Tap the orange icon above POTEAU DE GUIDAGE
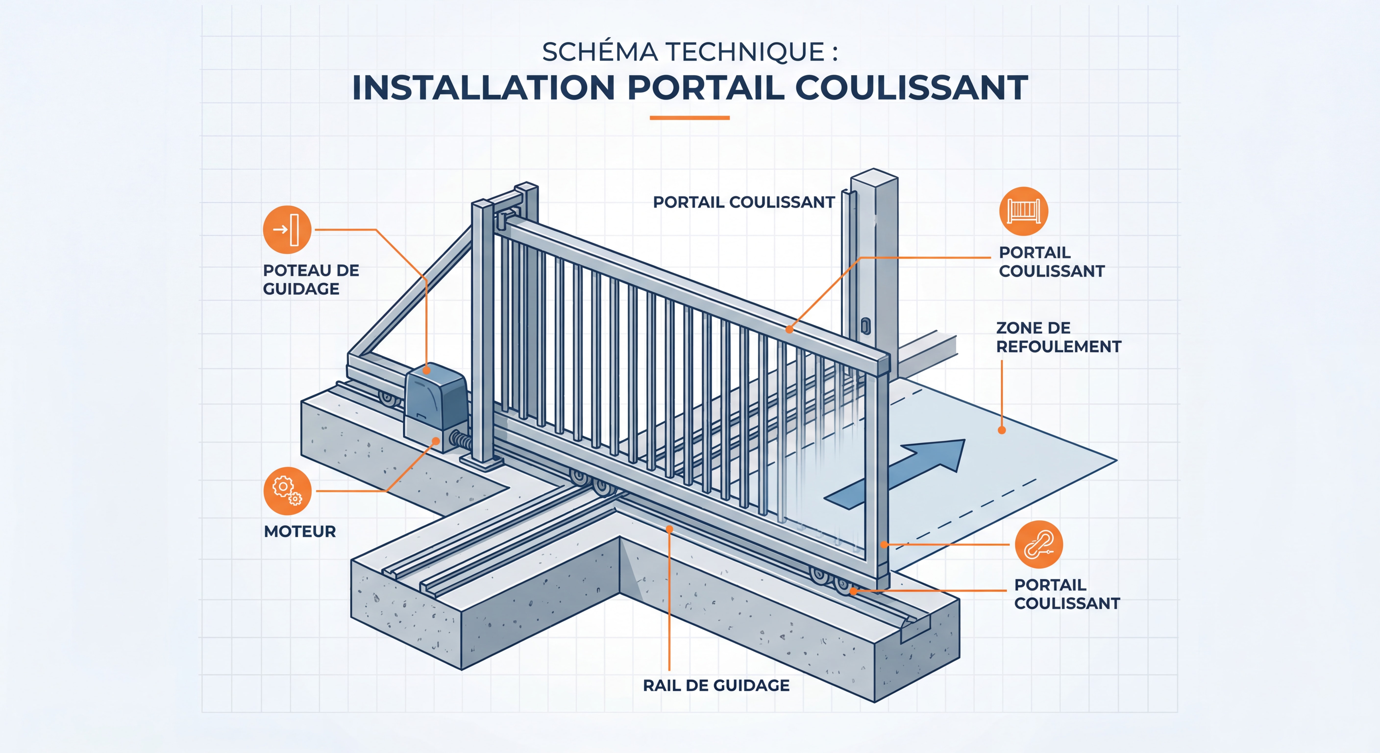click(287, 229)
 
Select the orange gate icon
click(1023, 211)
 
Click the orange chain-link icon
click(1039, 544)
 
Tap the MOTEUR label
click(300, 532)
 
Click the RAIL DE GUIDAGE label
click(716, 686)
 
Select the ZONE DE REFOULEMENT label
click(1058, 337)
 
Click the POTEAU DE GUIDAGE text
click(311, 279)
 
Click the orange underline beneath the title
click(690, 117)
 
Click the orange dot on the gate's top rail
click(789, 330)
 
